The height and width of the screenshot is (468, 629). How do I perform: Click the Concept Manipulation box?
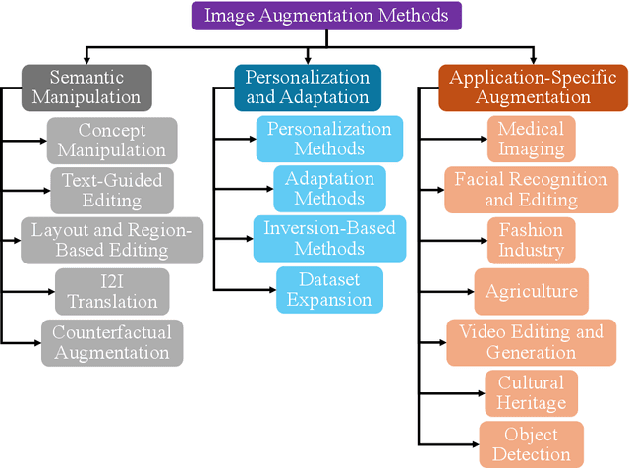click(x=111, y=140)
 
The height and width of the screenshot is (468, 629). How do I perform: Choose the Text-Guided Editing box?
click(x=111, y=190)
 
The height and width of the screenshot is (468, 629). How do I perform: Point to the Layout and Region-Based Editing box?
click(x=111, y=240)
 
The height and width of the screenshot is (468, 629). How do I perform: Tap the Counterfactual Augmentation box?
click(x=111, y=342)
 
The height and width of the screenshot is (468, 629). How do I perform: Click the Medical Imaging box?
click(x=531, y=140)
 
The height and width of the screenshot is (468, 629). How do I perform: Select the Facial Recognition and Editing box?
click(x=531, y=190)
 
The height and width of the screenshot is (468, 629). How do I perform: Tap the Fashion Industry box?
click(x=531, y=240)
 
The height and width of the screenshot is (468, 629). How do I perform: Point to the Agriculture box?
click(x=531, y=292)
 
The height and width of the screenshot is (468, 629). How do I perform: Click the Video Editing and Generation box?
click(x=531, y=342)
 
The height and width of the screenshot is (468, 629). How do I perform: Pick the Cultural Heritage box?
click(x=531, y=393)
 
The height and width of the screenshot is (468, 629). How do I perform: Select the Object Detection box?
click(x=531, y=444)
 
